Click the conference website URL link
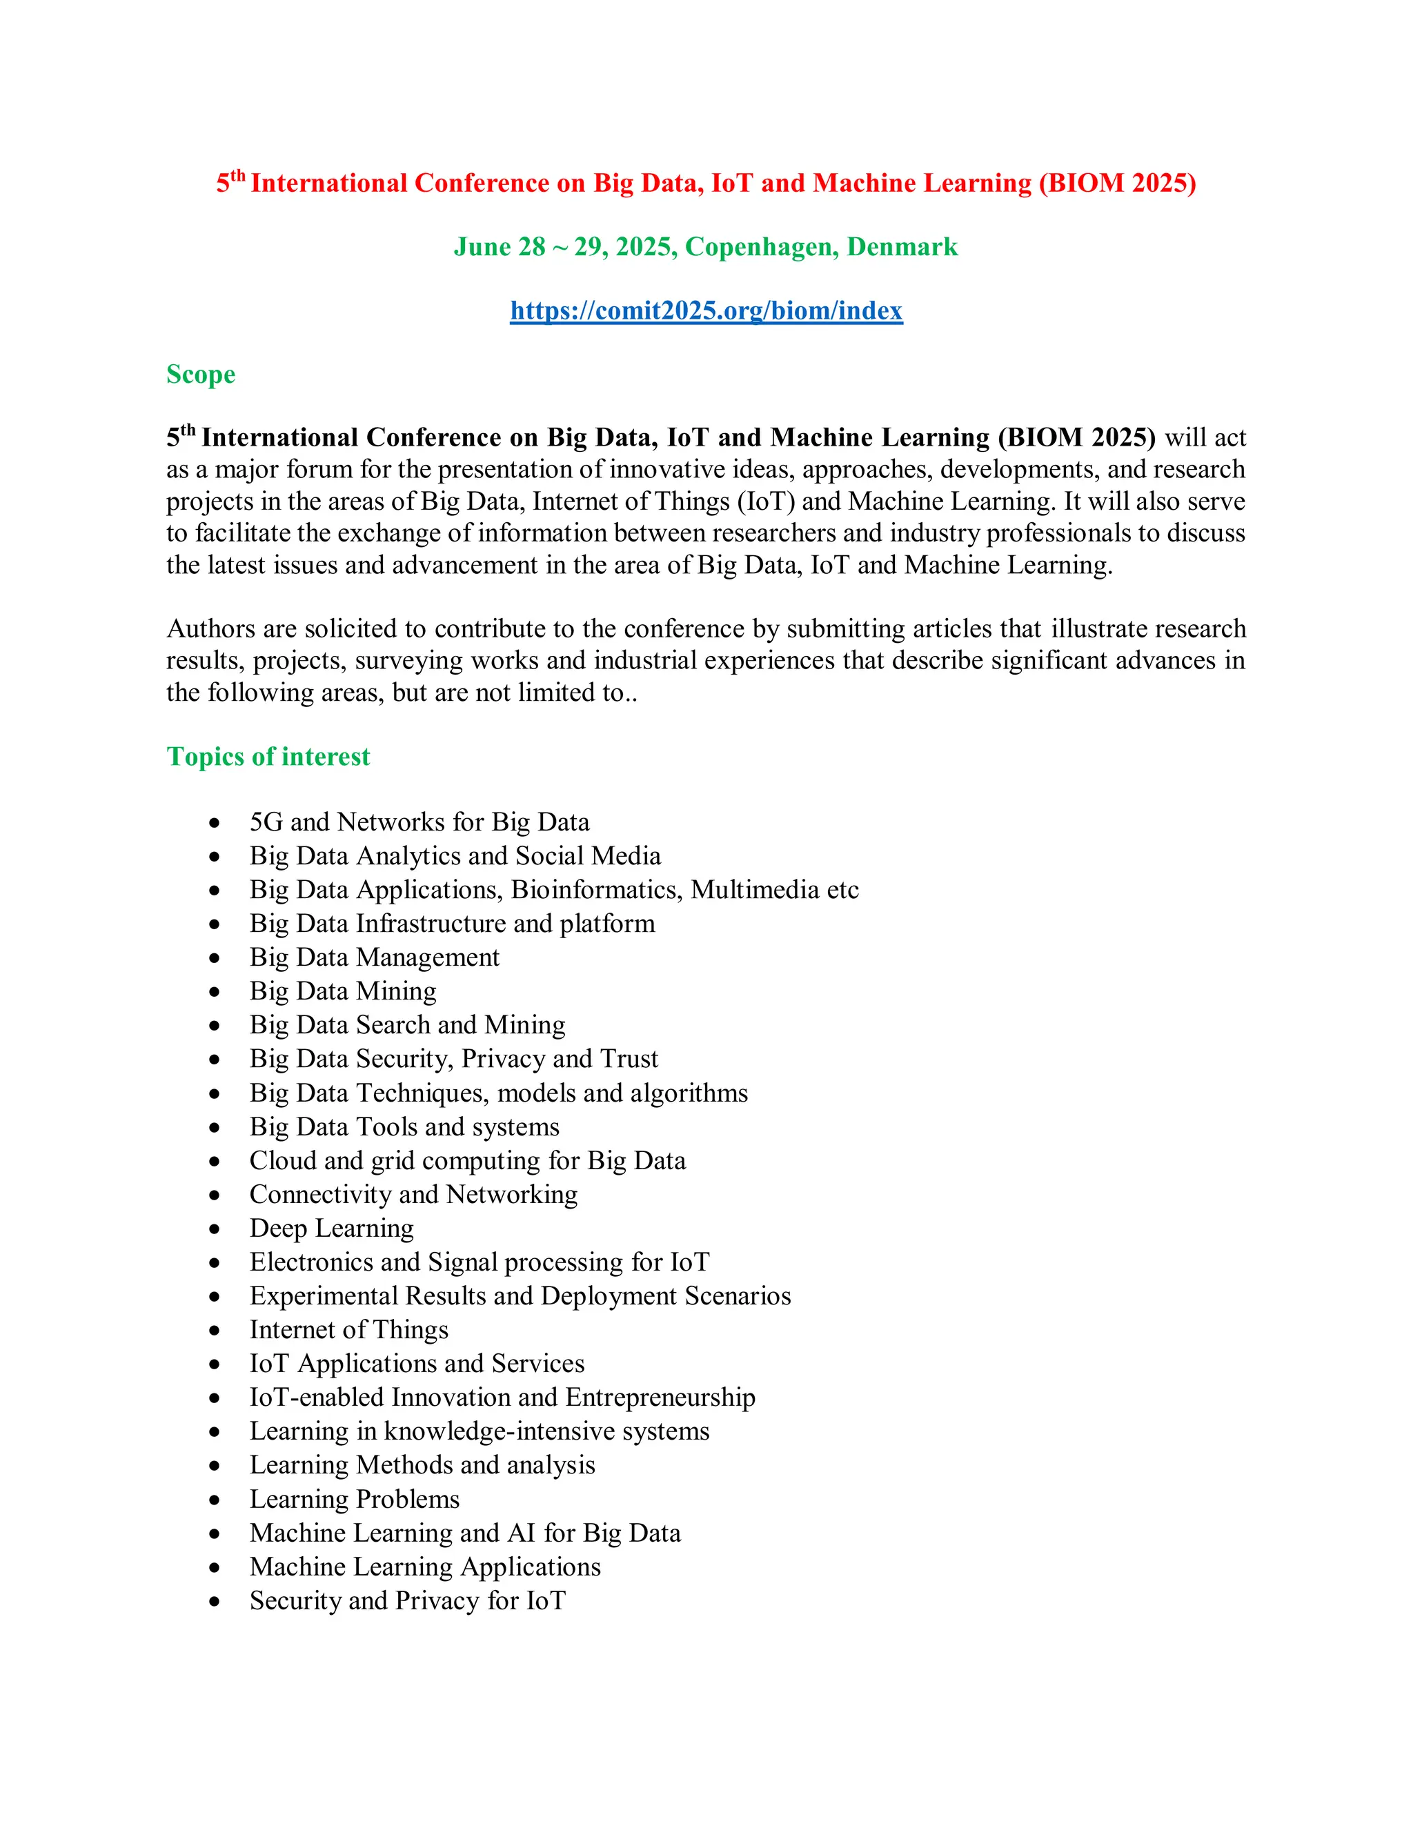click(x=706, y=310)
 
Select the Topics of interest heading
click(x=268, y=757)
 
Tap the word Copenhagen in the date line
click(x=762, y=247)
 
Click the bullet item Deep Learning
click(x=331, y=1228)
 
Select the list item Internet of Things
click(x=348, y=1330)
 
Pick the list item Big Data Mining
click(x=342, y=991)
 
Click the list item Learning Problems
click(x=354, y=1499)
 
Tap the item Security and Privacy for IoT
click(x=408, y=1600)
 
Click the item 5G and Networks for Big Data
click(x=419, y=822)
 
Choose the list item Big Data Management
click(x=374, y=957)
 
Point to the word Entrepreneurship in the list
click(x=660, y=1398)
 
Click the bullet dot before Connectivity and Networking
click(x=215, y=1196)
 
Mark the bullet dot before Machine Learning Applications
click(x=215, y=1568)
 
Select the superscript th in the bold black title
click(x=188, y=430)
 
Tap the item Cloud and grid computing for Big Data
click(x=467, y=1161)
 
